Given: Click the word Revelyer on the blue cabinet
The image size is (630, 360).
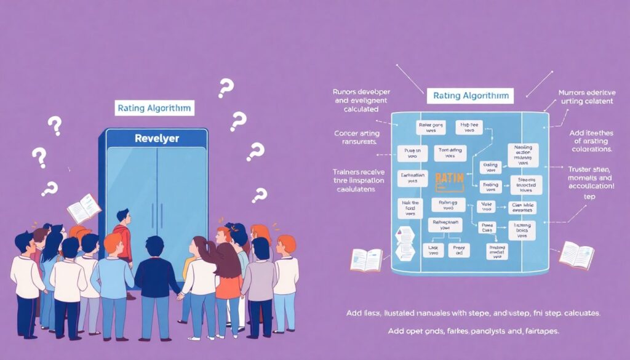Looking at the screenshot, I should tap(156, 138).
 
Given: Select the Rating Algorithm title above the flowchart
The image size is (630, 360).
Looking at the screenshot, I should tap(470, 96).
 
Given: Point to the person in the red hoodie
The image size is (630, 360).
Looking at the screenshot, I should tap(123, 234).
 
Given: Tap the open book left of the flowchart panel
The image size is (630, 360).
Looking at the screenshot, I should tap(366, 259).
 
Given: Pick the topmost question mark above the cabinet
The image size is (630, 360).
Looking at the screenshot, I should tap(226, 89).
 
